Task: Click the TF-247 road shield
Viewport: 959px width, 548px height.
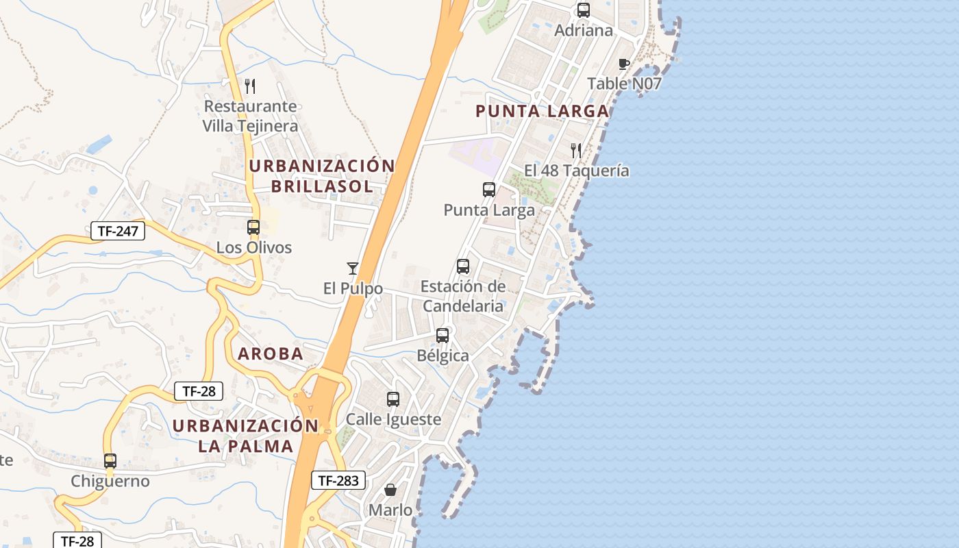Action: click(x=118, y=231)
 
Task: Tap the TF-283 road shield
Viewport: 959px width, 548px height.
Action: click(x=338, y=480)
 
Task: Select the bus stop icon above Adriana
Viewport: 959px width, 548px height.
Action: click(x=584, y=10)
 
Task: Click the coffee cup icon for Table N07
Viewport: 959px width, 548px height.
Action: click(x=624, y=64)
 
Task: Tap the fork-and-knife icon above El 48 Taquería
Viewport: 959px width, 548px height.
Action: click(x=576, y=150)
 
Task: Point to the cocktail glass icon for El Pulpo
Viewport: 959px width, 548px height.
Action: click(x=353, y=268)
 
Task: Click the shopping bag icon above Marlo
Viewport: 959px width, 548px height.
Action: click(x=390, y=490)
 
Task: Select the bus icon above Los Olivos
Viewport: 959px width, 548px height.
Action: click(x=253, y=227)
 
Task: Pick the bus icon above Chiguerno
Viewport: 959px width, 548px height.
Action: click(x=110, y=461)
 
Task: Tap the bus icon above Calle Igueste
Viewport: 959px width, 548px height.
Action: click(x=393, y=399)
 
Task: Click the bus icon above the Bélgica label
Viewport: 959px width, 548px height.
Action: click(x=443, y=336)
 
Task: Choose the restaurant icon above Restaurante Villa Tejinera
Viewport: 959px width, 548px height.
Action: click(x=250, y=86)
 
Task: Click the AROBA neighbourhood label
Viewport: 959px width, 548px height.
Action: click(x=271, y=354)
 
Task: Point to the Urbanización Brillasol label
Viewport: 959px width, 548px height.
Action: click(x=322, y=176)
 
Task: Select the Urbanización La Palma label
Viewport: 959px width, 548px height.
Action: click(x=245, y=436)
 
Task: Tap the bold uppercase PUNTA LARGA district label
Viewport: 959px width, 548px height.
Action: click(x=542, y=111)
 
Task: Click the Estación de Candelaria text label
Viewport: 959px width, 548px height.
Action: click(x=463, y=296)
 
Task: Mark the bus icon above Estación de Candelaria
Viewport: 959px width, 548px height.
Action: click(x=463, y=266)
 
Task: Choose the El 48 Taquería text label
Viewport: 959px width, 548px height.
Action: click(x=577, y=171)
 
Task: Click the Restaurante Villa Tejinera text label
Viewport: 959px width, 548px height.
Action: click(x=250, y=116)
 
